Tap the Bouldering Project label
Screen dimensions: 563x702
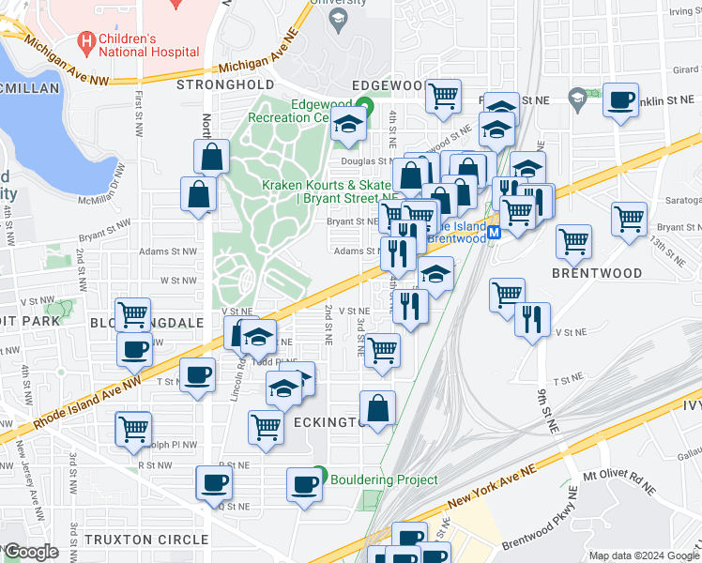point(384,479)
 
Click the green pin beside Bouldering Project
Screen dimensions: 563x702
point(320,477)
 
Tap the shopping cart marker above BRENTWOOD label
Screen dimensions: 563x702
point(573,241)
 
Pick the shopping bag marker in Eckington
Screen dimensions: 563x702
point(377,409)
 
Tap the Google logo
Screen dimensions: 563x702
point(31,553)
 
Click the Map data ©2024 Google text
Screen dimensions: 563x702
point(643,555)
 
